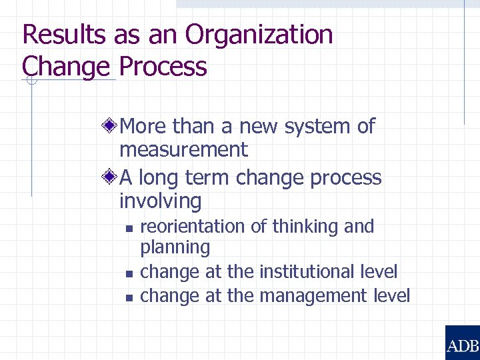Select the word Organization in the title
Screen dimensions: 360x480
coord(259,35)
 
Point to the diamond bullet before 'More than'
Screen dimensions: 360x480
coord(112,125)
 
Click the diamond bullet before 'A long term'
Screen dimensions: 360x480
coord(112,177)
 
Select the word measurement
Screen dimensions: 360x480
coord(183,149)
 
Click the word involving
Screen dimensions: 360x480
coord(160,201)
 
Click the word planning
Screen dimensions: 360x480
coord(175,248)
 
